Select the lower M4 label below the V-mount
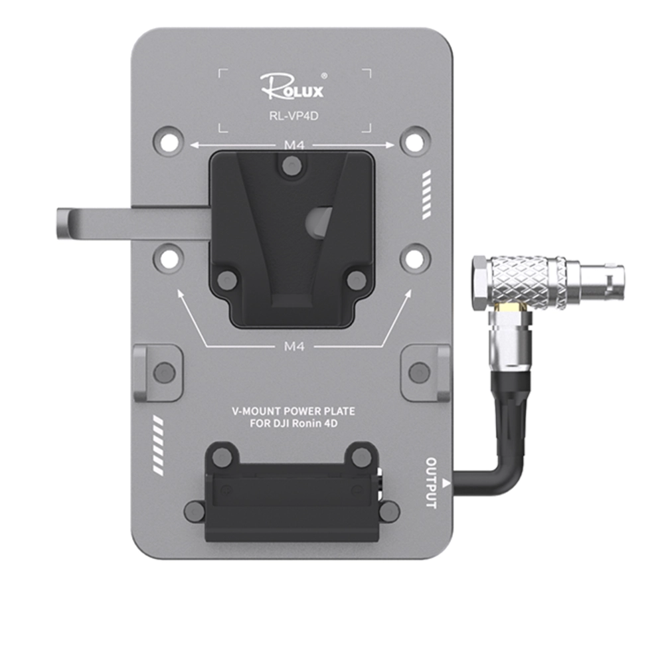293,345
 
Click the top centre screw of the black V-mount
290,165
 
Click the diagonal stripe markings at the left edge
158,446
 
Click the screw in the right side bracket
418,373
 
